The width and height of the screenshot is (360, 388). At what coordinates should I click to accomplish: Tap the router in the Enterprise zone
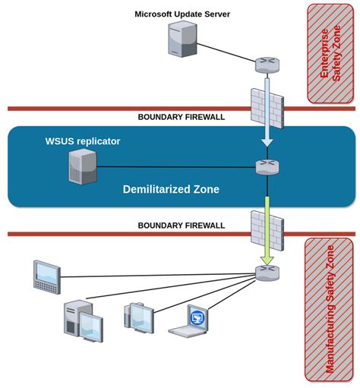pos(267,63)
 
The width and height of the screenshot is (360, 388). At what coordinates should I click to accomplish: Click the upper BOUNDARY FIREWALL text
pos(181,117)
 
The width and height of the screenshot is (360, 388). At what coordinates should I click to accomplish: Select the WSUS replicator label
pos(83,141)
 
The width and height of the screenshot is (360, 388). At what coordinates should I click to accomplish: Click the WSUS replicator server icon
pos(84,166)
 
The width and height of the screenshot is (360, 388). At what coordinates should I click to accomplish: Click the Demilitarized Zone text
pos(171,189)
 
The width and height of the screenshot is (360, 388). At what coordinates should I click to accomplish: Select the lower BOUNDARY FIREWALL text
pos(181,226)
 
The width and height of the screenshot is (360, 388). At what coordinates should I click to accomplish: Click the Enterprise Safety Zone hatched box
pos(330,53)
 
